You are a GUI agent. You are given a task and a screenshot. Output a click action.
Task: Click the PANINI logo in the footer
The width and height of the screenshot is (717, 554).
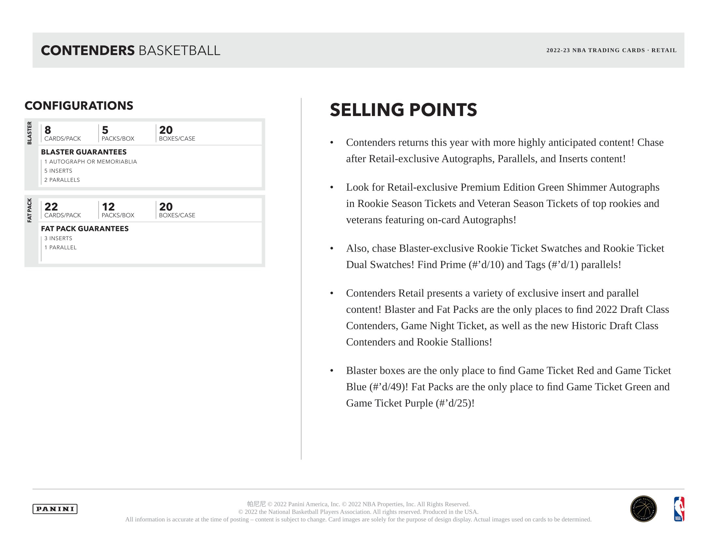[x=55, y=509]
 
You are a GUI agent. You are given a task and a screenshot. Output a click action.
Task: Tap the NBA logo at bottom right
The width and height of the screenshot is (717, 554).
[x=679, y=509]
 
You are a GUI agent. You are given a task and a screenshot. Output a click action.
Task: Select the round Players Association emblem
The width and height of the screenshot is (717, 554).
[x=643, y=509]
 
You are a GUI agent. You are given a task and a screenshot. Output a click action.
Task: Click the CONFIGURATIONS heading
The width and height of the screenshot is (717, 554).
[x=79, y=106]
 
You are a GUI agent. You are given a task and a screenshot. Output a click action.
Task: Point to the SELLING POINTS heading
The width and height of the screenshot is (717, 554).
[x=403, y=109]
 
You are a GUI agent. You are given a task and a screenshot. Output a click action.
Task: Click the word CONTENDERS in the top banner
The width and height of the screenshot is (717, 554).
[x=88, y=51]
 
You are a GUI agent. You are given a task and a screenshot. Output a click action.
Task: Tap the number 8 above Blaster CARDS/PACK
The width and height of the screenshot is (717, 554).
[x=48, y=130]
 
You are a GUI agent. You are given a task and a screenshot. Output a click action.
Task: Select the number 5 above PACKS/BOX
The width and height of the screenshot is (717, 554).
[x=105, y=130]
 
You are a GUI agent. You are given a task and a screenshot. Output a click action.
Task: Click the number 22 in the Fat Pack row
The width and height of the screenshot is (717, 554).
[x=51, y=207]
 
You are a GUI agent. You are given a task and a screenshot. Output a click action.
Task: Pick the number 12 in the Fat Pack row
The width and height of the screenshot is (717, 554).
[x=108, y=207]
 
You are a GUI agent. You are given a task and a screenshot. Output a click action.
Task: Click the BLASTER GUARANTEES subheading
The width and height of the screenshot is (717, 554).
[x=84, y=152]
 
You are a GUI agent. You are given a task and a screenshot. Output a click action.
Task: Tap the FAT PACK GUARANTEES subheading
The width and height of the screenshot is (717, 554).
[x=85, y=229]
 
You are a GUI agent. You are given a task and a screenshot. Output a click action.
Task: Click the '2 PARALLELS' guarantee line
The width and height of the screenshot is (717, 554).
[x=62, y=180]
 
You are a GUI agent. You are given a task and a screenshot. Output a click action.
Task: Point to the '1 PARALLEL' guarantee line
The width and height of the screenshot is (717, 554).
[x=60, y=247]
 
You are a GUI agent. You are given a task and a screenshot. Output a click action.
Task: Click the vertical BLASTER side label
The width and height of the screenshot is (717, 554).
[x=30, y=133]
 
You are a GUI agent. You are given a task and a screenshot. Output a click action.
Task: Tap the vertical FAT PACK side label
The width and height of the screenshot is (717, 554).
[x=30, y=211]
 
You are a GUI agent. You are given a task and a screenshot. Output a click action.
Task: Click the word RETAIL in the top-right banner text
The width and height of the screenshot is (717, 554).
[x=664, y=51]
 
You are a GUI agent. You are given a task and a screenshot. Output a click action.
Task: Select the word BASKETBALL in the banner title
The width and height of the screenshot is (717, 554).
[x=179, y=51]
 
